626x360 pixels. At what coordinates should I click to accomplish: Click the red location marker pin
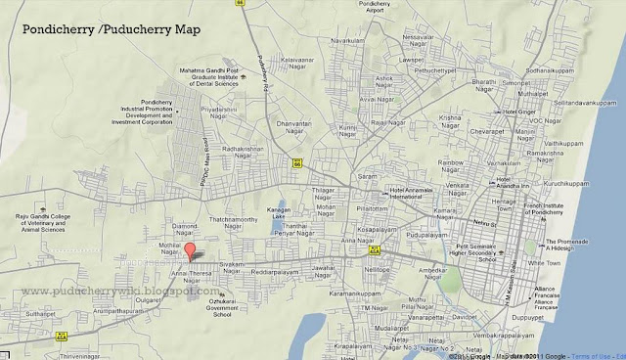pyautogui.click(x=191, y=250)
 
